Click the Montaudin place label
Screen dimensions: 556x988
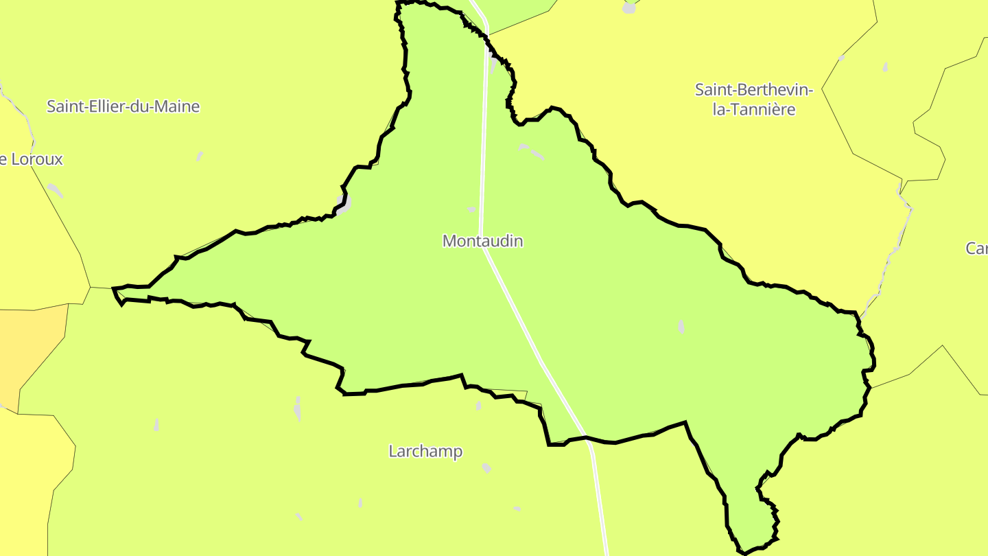(482, 241)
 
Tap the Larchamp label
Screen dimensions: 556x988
(425, 452)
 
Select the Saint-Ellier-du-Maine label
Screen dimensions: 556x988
(123, 106)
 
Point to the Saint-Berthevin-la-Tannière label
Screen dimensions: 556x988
(753, 100)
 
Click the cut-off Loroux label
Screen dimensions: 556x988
(32, 159)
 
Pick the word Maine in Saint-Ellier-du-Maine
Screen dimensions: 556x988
(177, 106)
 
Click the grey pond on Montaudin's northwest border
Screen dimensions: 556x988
(344, 203)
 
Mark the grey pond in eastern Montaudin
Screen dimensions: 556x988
(681, 327)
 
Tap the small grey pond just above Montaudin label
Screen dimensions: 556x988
(471, 209)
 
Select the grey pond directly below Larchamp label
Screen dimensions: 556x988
(486, 468)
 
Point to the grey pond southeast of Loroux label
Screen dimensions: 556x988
(55, 190)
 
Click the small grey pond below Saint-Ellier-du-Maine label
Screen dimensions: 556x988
(200, 157)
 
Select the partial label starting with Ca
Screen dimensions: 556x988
(977, 248)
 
